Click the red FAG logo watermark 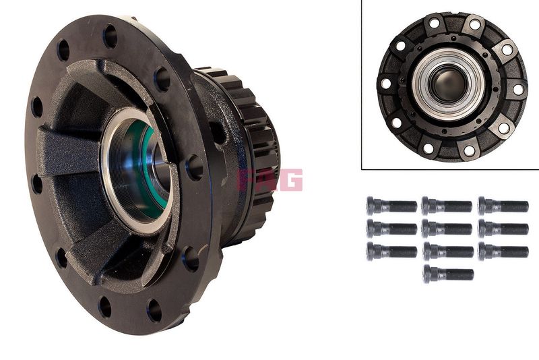270,179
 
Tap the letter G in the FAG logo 292,179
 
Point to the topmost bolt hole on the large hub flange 110,36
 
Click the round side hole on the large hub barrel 217,132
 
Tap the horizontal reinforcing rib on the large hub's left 69,151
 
